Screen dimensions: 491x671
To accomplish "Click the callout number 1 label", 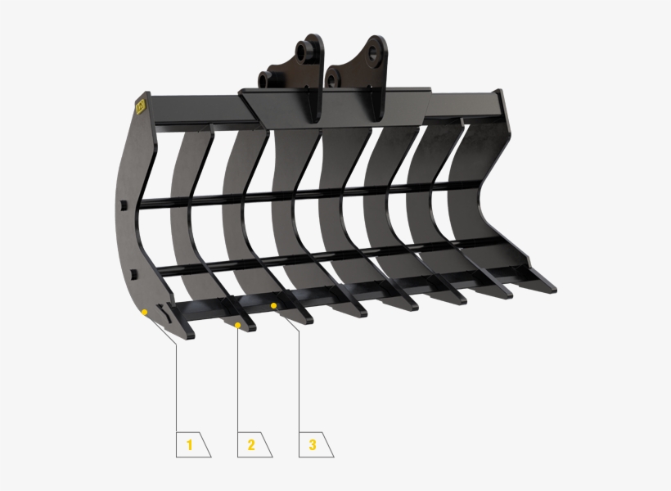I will (x=190, y=445).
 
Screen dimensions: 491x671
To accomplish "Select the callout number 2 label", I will (x=250, y=445).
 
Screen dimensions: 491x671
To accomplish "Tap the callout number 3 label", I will (x=312, y=445).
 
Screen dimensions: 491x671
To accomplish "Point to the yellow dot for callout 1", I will (x=144, y=312).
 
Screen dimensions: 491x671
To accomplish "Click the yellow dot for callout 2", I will (x=238, y=325).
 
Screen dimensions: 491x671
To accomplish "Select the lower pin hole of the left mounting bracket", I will (x=265, y=79).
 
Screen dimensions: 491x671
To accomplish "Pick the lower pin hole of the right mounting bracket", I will (x=331, y=79).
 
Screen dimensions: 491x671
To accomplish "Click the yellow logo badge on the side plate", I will (x=139, y=106).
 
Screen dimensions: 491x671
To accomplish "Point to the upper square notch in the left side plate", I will (x=121, y=206).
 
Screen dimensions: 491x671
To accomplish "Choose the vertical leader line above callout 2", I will (x=237, y=376).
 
